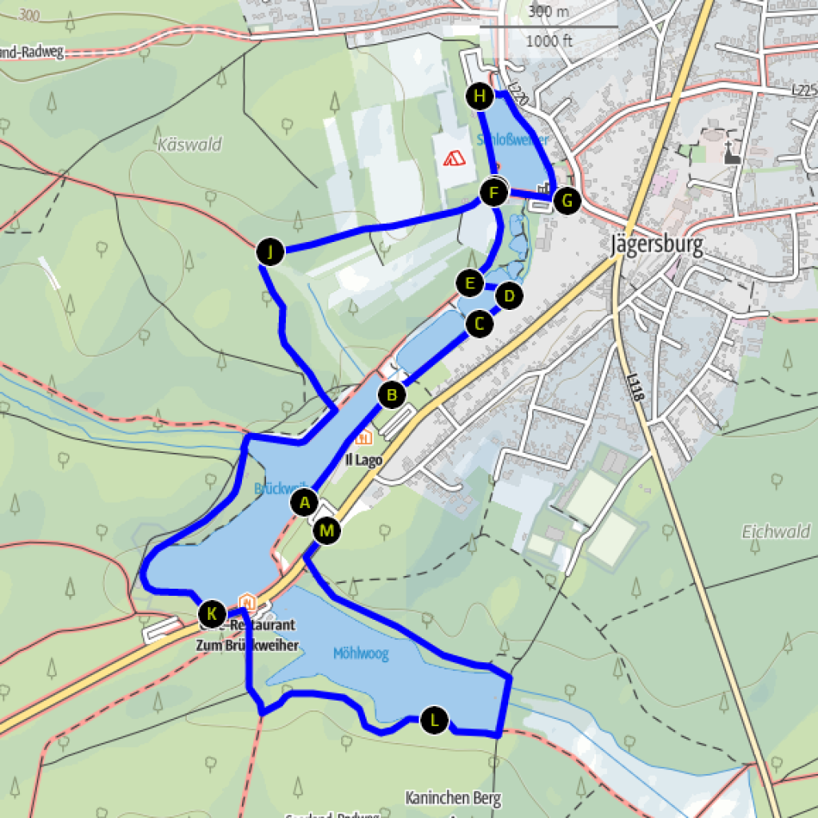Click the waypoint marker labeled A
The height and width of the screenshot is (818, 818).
(304, 503)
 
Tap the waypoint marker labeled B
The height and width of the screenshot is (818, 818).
(391, 395)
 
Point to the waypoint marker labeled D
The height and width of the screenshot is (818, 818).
(509, 296)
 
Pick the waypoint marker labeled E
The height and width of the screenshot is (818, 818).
(470, 283)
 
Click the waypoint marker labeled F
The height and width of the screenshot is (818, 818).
(494, 193)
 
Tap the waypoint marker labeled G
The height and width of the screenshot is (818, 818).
(566, 201)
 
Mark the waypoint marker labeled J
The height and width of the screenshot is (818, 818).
(271, 252)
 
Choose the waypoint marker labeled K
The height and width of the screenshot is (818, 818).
(212, 613)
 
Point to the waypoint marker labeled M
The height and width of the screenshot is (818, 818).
(327, 530)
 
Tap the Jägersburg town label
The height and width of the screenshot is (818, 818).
(657, 244)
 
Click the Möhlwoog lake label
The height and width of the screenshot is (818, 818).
(360, 654)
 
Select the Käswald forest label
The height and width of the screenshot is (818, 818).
(190, 145)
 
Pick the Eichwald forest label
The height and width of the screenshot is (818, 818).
(776, 531)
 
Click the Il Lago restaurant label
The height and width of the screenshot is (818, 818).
(363, 460)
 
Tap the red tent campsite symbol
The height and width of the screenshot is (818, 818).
(455, 157)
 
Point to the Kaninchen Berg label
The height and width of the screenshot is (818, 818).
(453, 797)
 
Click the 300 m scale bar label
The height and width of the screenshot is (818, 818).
(548, 11)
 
